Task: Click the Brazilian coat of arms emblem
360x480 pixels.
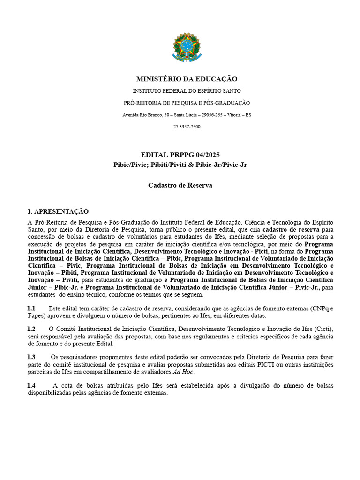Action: [x=186, y=48]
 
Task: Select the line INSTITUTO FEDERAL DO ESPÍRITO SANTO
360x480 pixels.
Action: [x=187, y=91]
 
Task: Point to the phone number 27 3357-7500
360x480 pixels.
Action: [x=187, y=127]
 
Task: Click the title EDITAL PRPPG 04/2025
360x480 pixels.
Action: [x=180, y=155]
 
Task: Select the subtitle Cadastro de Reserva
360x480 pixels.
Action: [x=180, y=185]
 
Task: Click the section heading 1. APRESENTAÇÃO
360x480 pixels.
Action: [x=58, y=211]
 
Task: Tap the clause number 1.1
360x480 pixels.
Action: [x=31, y=308]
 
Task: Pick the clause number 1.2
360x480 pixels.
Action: [x=31, y=329]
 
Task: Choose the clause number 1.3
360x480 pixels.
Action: [x=31, y=357]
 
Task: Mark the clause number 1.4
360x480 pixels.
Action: [x=31, y=385]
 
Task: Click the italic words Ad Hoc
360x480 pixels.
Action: [x=183, y=372]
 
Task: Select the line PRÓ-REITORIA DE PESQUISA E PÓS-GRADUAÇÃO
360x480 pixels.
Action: [x=187, y=103]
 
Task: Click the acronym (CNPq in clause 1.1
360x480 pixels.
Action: [x=320, y=308]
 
